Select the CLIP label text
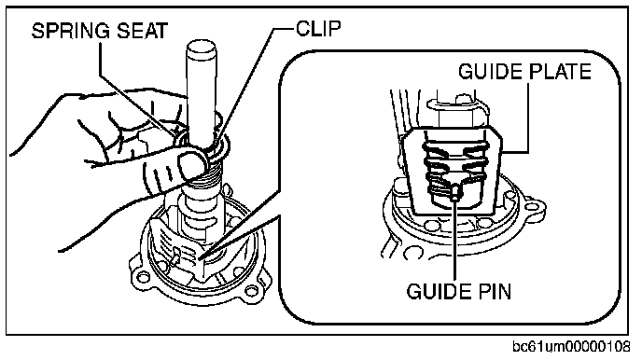tap(318, 29)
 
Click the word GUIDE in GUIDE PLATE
tap(491, 72)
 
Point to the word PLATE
tap(561, 72)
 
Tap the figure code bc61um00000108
tap(572, 347)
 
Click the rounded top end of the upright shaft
tap(202, 48)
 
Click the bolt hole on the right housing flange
tap(248, 291)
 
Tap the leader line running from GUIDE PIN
tap(455, 240)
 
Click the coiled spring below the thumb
tap(203, 180)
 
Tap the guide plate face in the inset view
tap(452, 170)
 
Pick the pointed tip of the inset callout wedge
tap(202, 259)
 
